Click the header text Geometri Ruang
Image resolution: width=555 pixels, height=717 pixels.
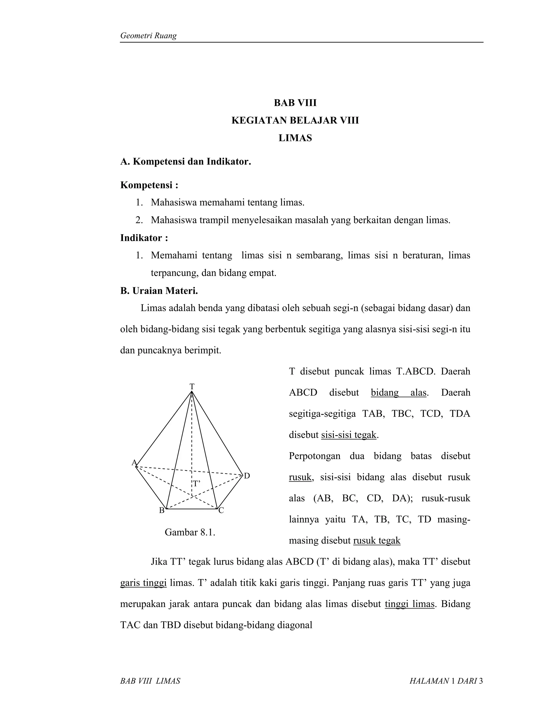point(148,36)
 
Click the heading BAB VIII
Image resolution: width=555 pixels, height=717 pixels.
point(295,103)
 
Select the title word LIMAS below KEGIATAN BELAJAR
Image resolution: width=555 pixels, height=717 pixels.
point(295,138)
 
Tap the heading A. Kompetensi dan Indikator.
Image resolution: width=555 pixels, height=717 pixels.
point(185,162)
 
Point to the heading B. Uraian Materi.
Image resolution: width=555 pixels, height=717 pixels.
point(159,291)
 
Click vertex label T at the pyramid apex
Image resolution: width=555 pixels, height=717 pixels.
point(192,386)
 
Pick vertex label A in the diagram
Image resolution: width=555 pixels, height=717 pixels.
point(134,462)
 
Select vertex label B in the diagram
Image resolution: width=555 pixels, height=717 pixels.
point(162,510)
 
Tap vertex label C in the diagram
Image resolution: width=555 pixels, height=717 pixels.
point(221,510)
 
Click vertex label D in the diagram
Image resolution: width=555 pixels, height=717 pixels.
point(247,476)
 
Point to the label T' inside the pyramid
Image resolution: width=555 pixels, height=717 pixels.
point(196,484)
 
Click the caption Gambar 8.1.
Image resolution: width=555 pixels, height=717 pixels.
point(190,532)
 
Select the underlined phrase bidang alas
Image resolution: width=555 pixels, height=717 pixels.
point(398,392)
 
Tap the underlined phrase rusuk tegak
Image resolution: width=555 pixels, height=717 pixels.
point(377,540)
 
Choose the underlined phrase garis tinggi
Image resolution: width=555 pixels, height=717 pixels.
point(143,583)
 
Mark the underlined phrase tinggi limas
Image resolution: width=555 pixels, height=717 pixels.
point(409,604)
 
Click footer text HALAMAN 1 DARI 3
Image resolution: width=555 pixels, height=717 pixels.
point(446,681)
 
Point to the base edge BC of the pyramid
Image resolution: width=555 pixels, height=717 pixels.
point(192,509)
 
